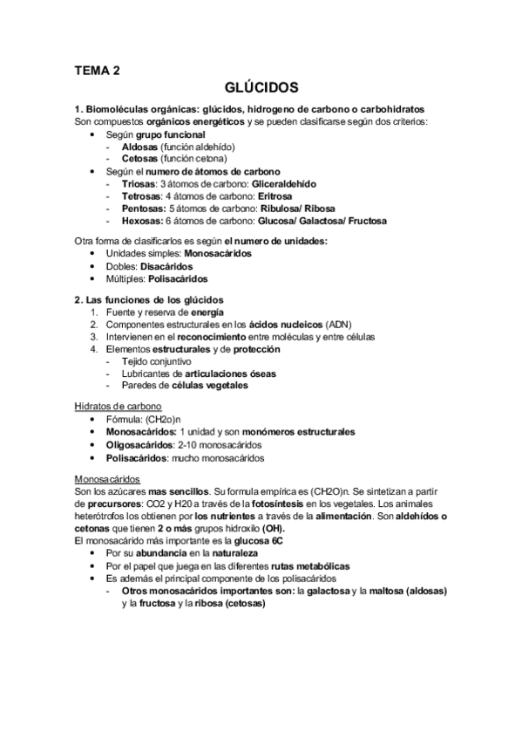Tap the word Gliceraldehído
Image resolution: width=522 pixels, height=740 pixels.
[284, 185]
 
